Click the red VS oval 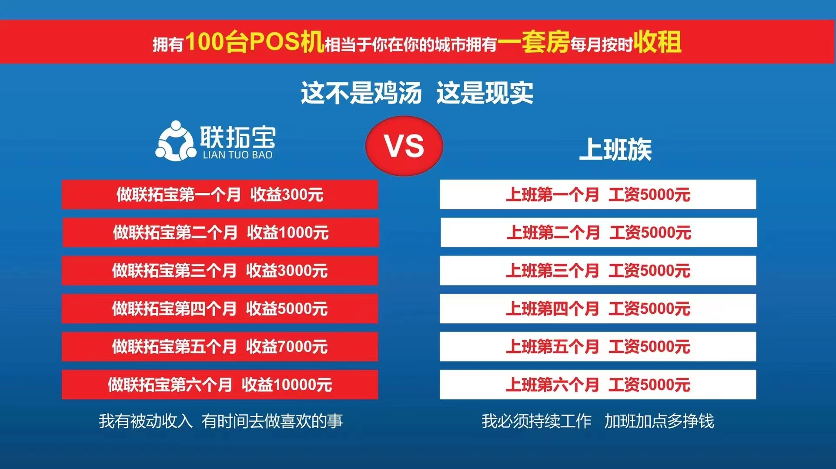[404, 146]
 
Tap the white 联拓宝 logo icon [175, 141]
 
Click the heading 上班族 [615, 149]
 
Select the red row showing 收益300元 [220, 194]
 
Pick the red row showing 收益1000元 [220, 232]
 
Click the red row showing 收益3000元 [220, 271]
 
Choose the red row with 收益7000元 [220, 347]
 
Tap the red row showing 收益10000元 [220, 385]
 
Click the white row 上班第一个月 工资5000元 [598, 194]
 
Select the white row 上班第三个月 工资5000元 [598, 271]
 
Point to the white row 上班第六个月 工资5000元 [598, 385]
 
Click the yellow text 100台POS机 [255, 42]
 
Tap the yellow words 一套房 [534, 42]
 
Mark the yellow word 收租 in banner [657, 42]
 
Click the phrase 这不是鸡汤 [361, 93]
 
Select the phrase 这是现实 [485, 93]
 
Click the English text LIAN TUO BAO [237, 155]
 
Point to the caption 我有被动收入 [146, 421]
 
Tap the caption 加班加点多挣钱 [659, 421]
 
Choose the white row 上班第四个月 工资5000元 [598, 308]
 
